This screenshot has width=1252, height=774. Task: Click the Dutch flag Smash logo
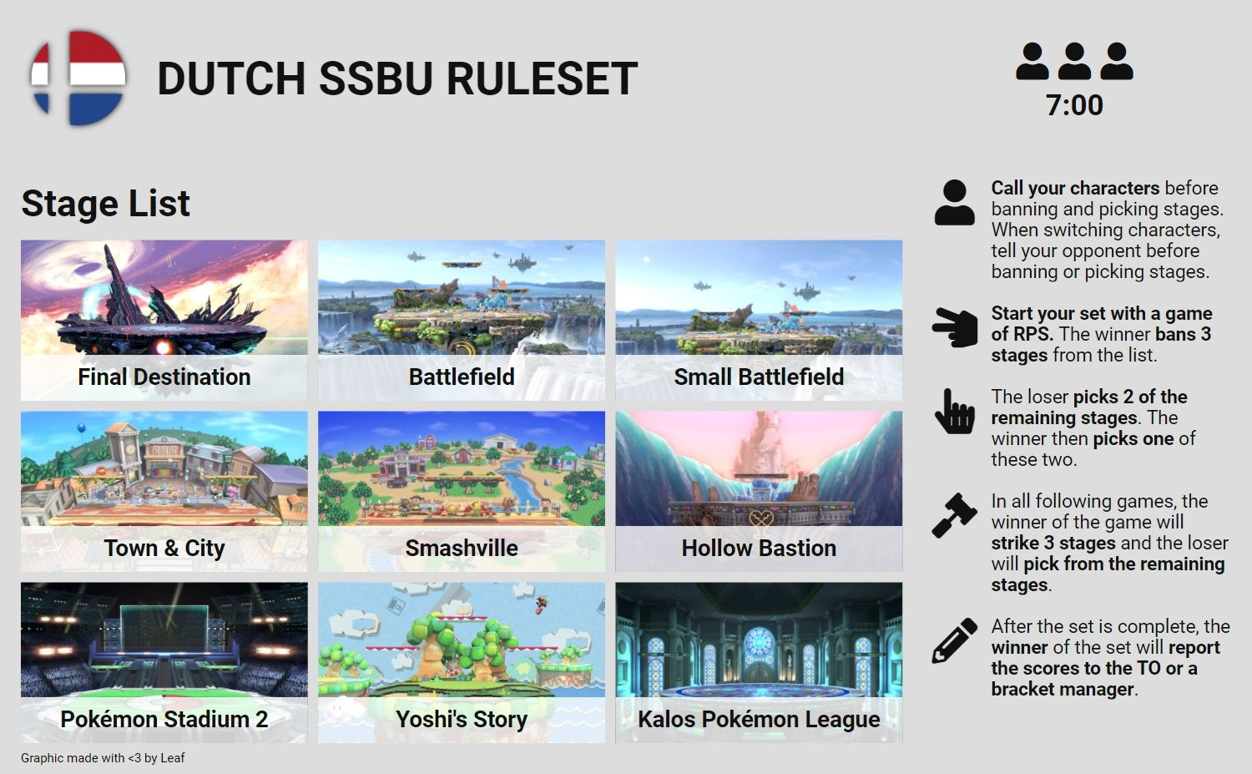pyautogui.click(x=78, y=78)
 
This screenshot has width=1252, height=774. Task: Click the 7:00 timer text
pyautogui.click(x=1074, y=105)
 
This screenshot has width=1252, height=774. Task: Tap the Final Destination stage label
pyautogui.click(x=164, y=377)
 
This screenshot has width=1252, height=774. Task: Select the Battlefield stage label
pyautogui.click(x=461, y=377)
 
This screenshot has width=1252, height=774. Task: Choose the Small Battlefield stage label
pyautogui.click(x=759, y=377)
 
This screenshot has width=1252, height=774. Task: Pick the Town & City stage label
pyautogui.click(x=164, y=548)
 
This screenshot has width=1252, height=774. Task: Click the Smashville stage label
pyautogui.click(x=461, y=548)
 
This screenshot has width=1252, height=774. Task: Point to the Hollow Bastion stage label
pyautogui.click(x=759, y=548)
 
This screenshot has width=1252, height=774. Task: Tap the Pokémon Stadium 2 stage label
pyautogui.click(x=164, y=719)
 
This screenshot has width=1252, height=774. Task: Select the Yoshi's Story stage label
pyautogui.click(x=461, y=719)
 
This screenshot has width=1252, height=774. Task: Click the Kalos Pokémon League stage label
pyautogui.click(x=759, y=719)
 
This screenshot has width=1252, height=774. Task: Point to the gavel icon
pyautogui.click(x=954, y=515)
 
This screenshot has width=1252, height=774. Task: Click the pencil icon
pyautogui.click(x=954, y=641)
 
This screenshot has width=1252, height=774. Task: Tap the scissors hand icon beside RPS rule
pyautogui.click(x=955, y=327)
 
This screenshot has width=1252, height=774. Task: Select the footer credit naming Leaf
pyautogui.click(x=103, y=758)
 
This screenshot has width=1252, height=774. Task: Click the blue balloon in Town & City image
pyautogui.click(x=82, y=428)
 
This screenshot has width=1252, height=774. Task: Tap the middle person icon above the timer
pyautogui.click(x=1074, y=61)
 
